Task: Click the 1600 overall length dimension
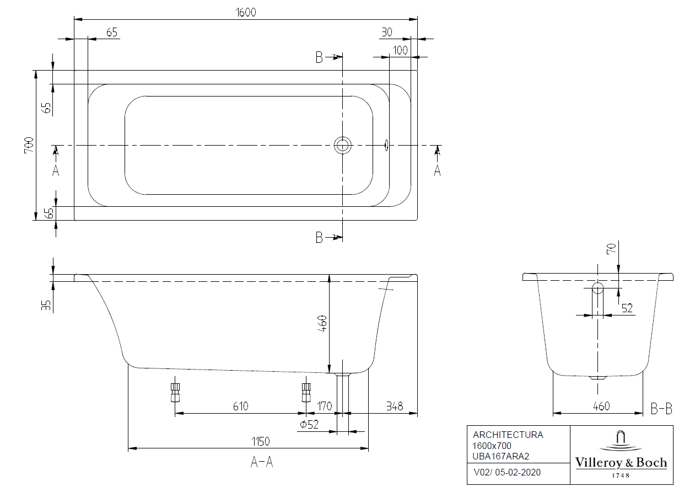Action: (x=246, y=12)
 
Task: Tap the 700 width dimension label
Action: (x=29, y=145)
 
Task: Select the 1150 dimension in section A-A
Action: (x=260, y=441)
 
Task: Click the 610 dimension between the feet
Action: (x=240, y=407)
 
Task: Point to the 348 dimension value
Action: (x=394, y=407)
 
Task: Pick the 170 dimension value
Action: (x=325, y=407)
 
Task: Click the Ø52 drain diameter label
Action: (x=310, y=424)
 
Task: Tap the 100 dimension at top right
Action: (x=400, y=50)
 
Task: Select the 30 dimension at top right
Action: (x=386, y=32)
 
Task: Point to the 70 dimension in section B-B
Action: (x=611, y=249)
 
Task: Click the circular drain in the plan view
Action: (x=342, y=145)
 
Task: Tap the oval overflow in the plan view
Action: (x=386, y=145)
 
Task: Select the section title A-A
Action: (x=262, y=462)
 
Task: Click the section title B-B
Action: (x=661, y=409)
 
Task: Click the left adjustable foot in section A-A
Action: (x=175, y=392)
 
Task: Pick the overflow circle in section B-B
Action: (x=598, y=288)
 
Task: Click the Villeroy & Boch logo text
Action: (x=621, y=462)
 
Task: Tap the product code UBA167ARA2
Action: (x=500, y=456)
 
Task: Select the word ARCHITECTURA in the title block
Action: (x=508, y=435)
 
